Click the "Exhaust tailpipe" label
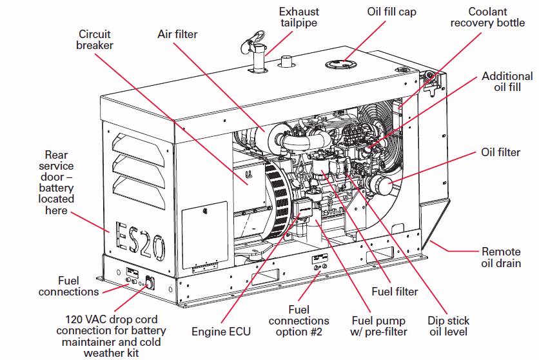pyautogui.click(x=299, y=17)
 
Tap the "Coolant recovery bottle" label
pyautogui.click(x=487, y=17)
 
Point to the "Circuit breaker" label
pyautogui.click(x=95, y=39)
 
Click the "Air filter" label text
pyautogui.click(x=177, y=34)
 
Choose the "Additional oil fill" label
pyautogui.click(x=507, y=81)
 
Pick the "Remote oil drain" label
pyautogui.click(x=500, y=257)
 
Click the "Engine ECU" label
pyautogui.click(x=221, y=332)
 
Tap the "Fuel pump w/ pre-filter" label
pyautogui.click(x=378, y=326)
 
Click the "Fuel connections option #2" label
pyautogui.click(x=299, y=321)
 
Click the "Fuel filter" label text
pyautogui.click(x=395, y=292)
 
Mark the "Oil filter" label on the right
pyautogui.click(x=500, y=152)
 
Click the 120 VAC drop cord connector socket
pyautogui.click(x=148, y=283)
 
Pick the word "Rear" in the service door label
pyautogui.click(x=57, y=155)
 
